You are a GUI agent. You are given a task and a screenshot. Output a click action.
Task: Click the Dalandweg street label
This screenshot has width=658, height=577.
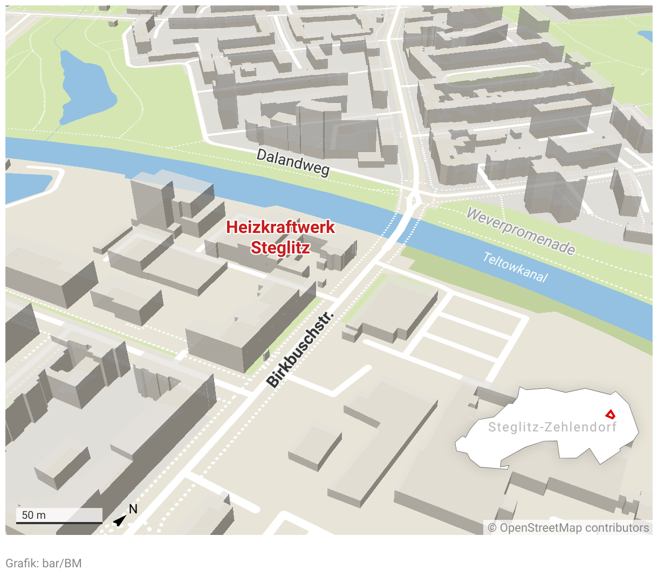pos(293,162)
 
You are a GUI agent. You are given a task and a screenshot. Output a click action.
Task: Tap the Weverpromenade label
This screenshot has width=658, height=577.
pos(520,231)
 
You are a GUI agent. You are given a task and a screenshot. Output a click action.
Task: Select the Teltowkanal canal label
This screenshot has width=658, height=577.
pos(515,267)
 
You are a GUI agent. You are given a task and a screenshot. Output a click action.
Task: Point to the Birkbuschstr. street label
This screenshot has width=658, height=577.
pos(300,349)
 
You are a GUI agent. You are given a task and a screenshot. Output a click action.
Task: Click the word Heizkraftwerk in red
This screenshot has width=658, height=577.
pos(280,227)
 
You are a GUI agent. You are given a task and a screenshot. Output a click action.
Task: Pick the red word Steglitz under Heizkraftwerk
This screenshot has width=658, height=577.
pos(280,248)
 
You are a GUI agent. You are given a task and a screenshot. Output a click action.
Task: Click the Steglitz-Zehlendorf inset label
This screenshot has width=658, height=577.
pos(552,428)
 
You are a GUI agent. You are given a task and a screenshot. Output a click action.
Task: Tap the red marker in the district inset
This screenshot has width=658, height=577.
pos(610,414)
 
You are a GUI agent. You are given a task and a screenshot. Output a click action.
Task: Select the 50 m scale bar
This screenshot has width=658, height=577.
pos(59,521)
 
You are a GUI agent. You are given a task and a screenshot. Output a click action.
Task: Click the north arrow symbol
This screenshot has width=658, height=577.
pos(119,520)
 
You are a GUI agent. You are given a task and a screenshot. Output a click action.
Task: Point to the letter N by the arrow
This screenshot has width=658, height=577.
pos(133,510)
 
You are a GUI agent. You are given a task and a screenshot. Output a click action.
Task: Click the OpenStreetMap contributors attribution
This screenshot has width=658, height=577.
pos(568,528)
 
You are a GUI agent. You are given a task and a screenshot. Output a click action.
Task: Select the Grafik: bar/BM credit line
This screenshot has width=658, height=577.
pos(44,564)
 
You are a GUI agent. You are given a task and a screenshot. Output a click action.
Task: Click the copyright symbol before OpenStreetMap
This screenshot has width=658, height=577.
pos(492,528)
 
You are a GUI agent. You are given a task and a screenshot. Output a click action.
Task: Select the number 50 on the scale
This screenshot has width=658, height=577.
pos(28,515)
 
